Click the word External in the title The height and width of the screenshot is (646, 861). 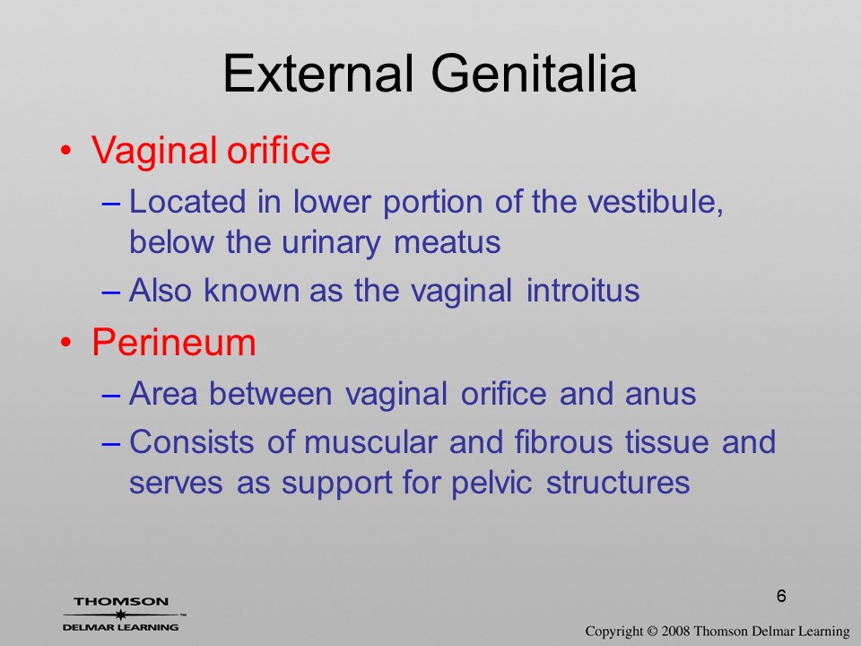pos(317,73)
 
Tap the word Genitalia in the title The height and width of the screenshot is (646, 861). pos(535,73)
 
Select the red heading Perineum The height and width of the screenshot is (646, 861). pos(174,342)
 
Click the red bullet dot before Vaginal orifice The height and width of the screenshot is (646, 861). pos(65,151)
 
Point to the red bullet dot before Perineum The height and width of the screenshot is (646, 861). pos(65,343)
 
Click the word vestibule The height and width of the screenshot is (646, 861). pos(655,202)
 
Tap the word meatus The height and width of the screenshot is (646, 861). pos(447,242)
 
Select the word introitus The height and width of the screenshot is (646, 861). pos(583,290)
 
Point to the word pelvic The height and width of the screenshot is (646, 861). pos(491,483)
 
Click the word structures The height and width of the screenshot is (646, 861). pos(618,483)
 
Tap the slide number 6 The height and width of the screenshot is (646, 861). pos(781,596)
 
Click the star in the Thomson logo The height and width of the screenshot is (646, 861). pos(120,615)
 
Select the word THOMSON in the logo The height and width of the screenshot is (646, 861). pos(121,601)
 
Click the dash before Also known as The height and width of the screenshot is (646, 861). pos(111,292)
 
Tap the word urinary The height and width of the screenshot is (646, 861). pos(331,242)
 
